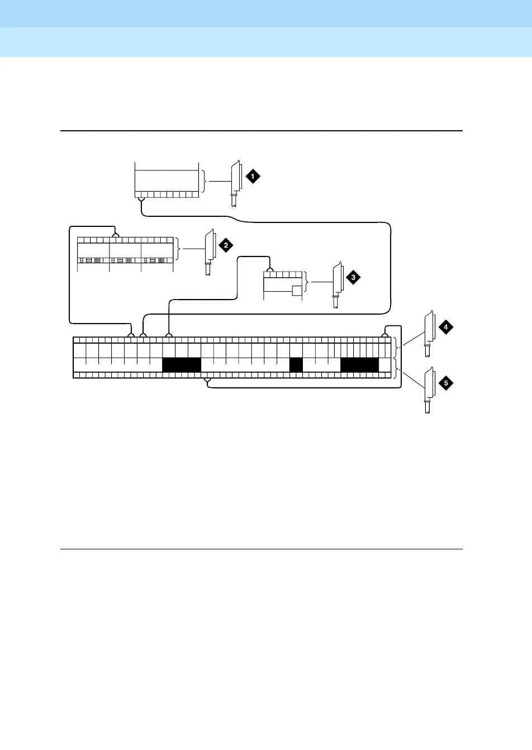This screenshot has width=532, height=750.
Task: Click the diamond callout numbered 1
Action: coord(253,177)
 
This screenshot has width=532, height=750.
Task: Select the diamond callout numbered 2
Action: coord(225,245)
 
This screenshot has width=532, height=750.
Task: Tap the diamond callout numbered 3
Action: coord(353,277)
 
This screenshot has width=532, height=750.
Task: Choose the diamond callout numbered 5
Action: coord(445,383)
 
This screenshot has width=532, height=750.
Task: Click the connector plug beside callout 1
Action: coord(235,183)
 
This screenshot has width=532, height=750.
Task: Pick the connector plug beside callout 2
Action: coord(210,251)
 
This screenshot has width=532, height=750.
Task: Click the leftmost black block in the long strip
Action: coord(181,365)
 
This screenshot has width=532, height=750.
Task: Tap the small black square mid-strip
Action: coord(296,365)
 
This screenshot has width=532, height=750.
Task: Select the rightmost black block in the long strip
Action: coord(359,365)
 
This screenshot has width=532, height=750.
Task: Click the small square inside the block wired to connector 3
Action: coord(297,290)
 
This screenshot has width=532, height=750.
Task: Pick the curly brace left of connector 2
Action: coord(178,249)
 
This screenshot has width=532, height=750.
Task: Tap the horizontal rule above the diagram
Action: coord(262,131)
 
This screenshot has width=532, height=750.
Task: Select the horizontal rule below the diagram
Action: coord(262,549)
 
